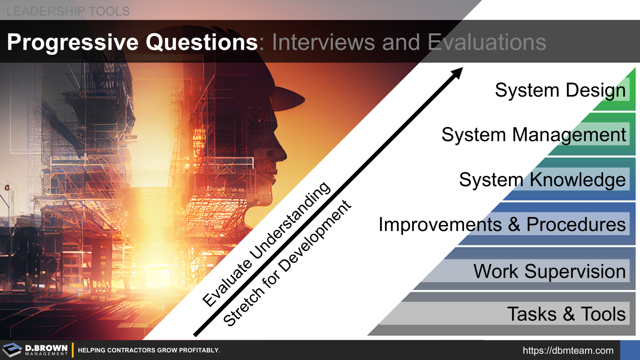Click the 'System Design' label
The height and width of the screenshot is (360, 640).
[560, 90]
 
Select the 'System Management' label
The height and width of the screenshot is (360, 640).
[533, 134]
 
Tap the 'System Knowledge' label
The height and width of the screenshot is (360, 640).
[542, 179]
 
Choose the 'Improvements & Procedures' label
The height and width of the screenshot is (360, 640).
[502, 224]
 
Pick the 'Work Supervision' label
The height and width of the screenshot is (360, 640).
[549, 271]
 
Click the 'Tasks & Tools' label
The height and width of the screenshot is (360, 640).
[566, 314]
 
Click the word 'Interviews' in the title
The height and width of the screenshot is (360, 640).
[323, 43]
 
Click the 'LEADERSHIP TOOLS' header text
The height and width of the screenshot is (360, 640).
[68, 10]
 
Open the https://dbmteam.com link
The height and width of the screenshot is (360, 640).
[568, 350]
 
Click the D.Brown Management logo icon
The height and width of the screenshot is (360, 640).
[12, 350]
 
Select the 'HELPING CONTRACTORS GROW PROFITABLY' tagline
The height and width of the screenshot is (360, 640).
[149, 350]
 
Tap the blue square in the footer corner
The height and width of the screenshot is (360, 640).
[629, 350]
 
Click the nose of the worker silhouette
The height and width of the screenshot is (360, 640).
[284, 150]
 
